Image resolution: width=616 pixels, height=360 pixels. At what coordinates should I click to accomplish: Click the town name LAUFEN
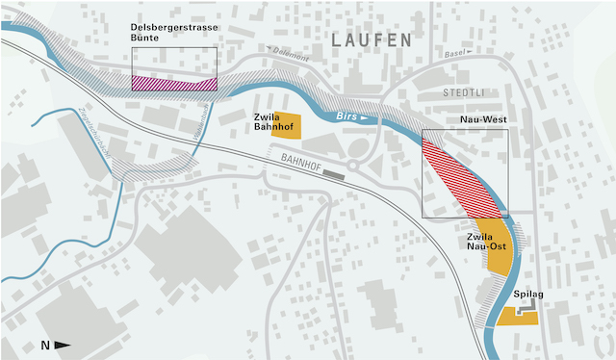click(x=371, y=40)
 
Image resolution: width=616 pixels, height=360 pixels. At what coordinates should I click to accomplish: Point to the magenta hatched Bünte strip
click(x=173, y=84)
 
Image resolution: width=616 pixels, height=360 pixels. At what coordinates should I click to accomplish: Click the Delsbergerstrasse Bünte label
click(x=173, y=32)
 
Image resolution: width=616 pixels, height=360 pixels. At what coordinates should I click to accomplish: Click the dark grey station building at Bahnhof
click(x=333, y=174)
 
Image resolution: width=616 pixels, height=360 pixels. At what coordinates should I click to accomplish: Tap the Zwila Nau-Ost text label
click(x=486, y=241)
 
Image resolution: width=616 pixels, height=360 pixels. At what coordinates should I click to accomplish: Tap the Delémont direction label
click(x=289, y=56)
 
